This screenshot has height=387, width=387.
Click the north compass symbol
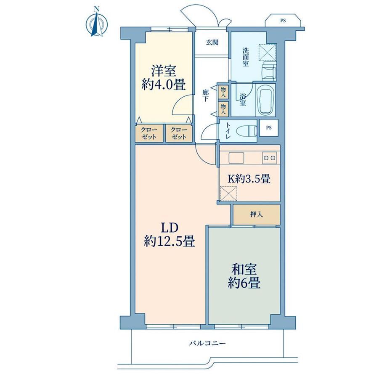pos(97,24)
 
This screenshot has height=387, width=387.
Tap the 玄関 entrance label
pos(212,42)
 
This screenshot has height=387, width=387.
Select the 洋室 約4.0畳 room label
pos(163,78)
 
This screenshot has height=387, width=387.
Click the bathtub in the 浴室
pos(265,100)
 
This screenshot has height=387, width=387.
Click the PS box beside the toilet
pos(269,128)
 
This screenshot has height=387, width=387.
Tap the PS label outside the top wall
pos(283,21)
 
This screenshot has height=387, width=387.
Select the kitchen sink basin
pos(236,158)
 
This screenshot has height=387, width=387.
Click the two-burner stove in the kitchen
pos(269,158)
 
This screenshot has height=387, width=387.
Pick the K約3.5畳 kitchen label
pos(249,179)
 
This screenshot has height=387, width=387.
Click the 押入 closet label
pos(257,215)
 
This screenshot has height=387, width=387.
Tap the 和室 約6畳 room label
pos(244,276)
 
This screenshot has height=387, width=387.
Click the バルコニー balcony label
pos(207,343)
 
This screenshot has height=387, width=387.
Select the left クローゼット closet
pos(149,133)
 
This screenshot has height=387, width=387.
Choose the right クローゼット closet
pos(179,133)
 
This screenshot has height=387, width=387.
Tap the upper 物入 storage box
pos(223,92)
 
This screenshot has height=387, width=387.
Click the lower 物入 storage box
pos(223,109)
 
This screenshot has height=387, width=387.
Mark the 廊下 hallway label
pos(205,96)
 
